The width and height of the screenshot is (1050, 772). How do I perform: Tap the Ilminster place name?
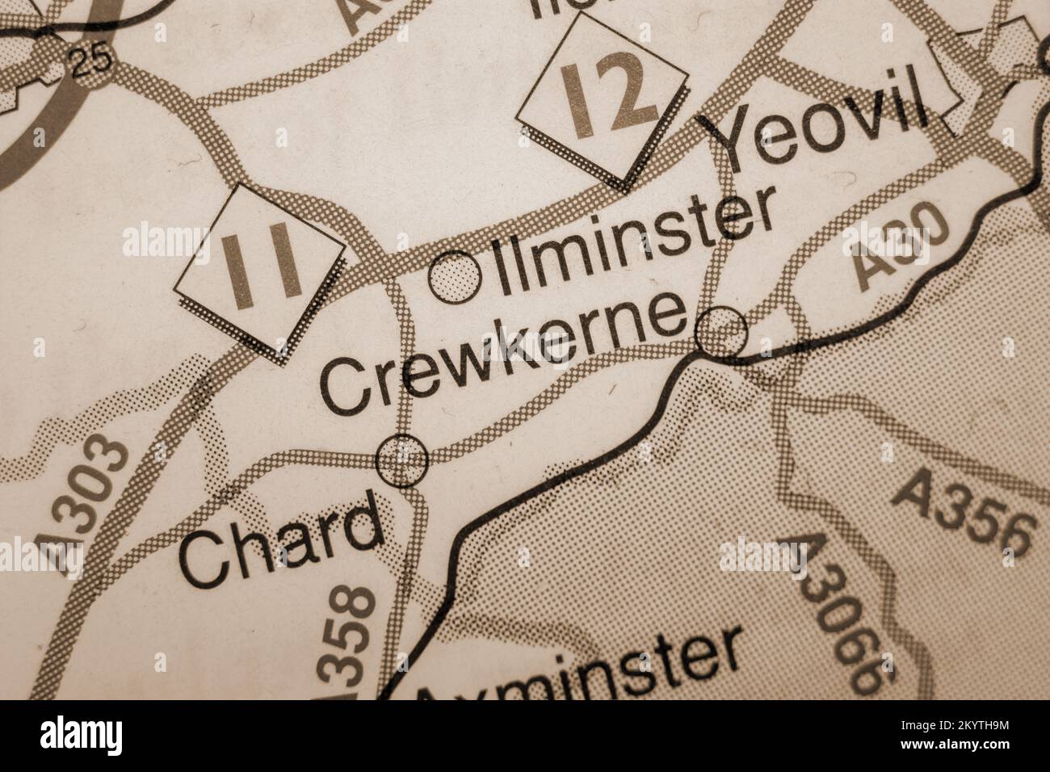634,243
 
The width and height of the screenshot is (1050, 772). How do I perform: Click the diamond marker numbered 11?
261,270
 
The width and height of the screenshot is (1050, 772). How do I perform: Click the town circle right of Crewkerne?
721,331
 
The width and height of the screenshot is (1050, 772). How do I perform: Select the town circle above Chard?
402,460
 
